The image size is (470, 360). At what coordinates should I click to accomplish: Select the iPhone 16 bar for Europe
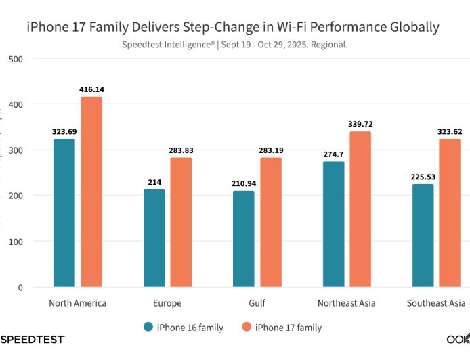154,238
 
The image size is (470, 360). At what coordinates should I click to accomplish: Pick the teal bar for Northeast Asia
334,224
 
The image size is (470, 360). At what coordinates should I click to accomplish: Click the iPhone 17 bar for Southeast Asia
450,212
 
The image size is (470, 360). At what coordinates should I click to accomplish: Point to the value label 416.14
91,89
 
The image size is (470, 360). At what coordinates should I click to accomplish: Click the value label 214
154,183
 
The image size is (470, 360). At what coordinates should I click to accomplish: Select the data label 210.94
244,183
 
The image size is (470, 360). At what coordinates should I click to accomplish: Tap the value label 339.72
360,124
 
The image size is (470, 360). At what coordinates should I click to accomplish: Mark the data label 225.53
423,177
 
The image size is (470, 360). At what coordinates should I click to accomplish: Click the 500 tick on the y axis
16,59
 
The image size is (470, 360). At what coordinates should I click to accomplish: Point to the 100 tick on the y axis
16,242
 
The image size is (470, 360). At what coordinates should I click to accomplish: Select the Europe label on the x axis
167,303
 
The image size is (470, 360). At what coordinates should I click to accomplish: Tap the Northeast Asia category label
347,303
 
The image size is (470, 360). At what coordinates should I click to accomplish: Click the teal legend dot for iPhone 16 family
148,328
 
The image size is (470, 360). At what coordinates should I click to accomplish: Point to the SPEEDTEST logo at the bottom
33,338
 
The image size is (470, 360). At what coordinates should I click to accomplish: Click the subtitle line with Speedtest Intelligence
235,45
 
